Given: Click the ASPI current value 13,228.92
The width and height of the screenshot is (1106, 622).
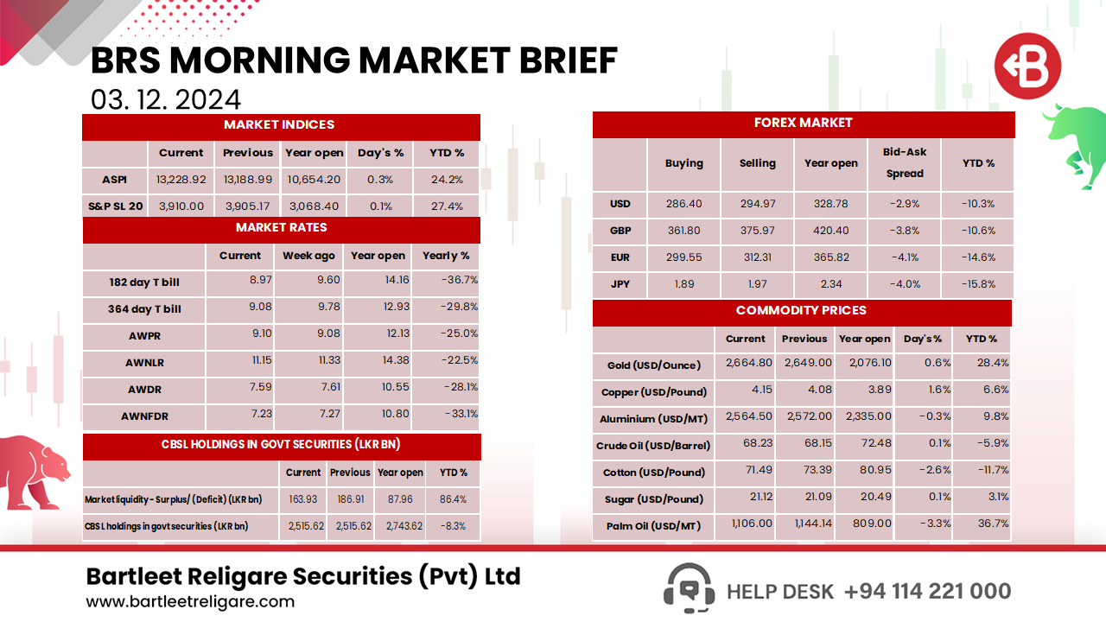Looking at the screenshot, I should point(181,180).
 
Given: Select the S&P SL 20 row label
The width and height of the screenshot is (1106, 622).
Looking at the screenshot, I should point(115,206).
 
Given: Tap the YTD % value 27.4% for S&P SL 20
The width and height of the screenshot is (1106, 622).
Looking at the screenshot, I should point(447,206).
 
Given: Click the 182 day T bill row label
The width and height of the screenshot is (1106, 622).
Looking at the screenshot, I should point(144,282).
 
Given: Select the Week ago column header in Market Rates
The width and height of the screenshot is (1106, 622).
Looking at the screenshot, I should point(308,256).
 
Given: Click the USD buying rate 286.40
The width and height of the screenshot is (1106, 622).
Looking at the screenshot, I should point(683,204).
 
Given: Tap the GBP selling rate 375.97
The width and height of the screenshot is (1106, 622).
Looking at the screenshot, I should point(757,231).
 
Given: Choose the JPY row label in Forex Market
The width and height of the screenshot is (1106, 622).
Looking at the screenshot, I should point(620,284).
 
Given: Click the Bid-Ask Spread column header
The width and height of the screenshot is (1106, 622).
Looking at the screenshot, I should point(904,162).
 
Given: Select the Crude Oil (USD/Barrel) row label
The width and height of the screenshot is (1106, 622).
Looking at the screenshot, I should point(653,446).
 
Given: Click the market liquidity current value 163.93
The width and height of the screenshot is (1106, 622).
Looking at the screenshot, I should point(303,499).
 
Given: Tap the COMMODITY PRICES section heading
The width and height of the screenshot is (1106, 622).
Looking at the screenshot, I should point(801,311).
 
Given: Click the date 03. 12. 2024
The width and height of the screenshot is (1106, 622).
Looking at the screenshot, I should point(166,99).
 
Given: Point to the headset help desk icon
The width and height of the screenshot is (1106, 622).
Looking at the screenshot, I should point(689,588).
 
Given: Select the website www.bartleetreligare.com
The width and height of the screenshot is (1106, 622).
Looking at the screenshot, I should point(190,602).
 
